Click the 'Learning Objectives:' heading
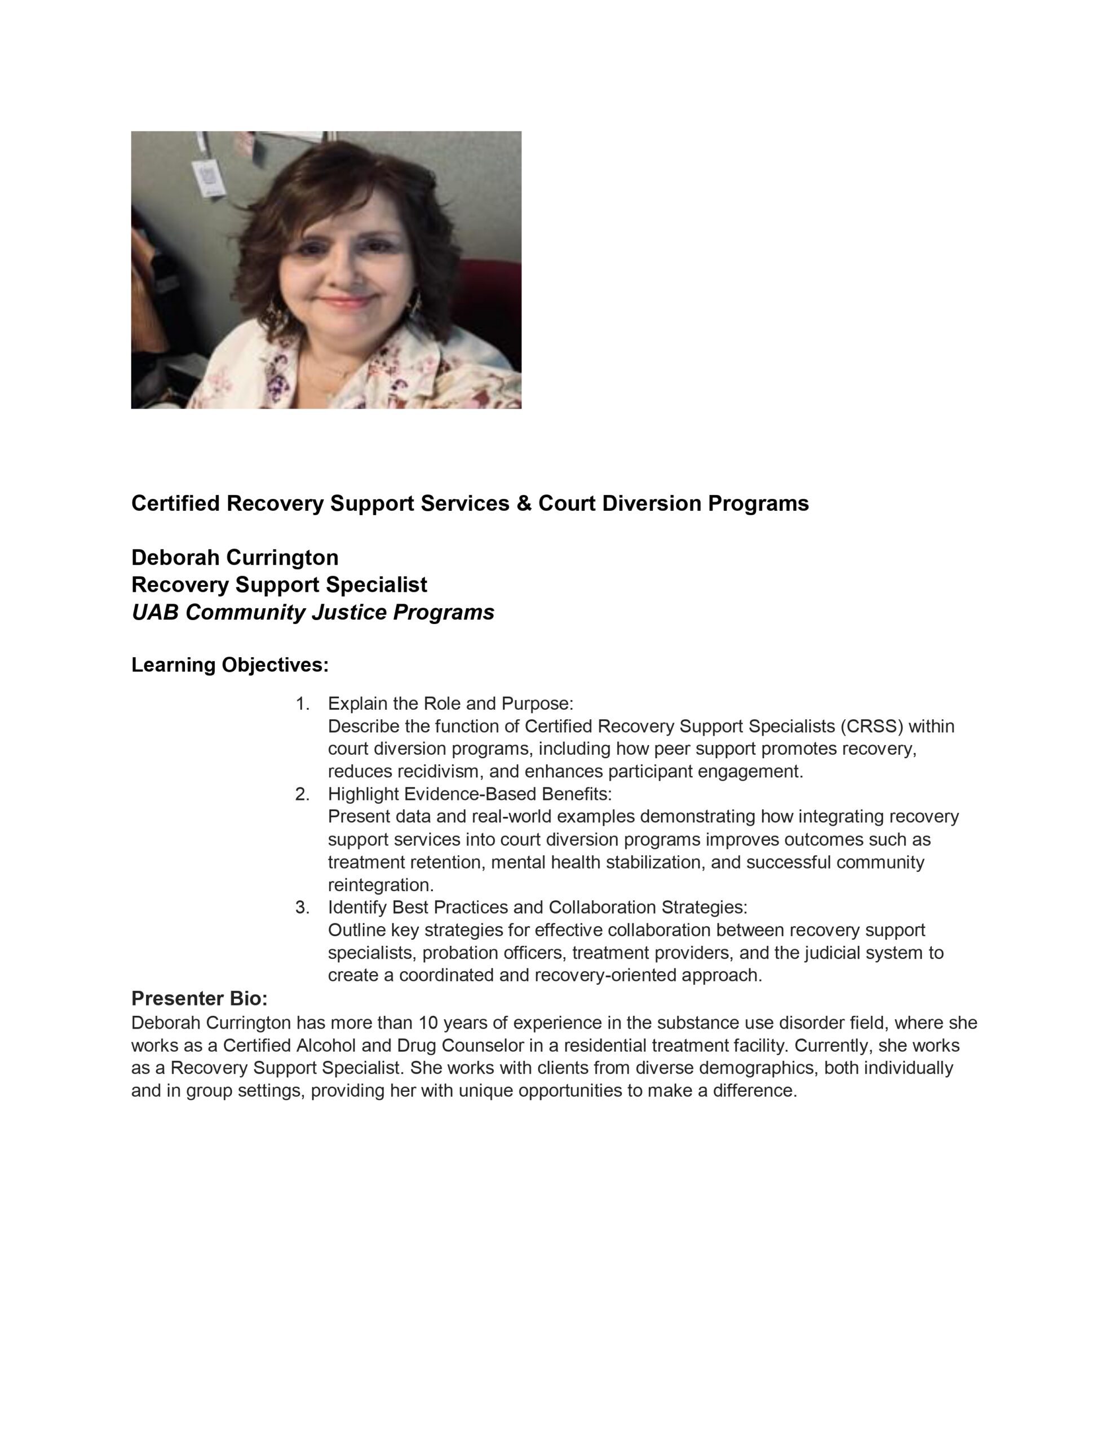(230, 665)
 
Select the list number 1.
(302, 703)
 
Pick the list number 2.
(302, 794)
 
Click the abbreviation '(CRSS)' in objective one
(872, 726)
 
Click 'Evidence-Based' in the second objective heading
(467, 794)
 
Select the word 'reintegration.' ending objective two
(380, 885)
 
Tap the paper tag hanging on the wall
(210, 176)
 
